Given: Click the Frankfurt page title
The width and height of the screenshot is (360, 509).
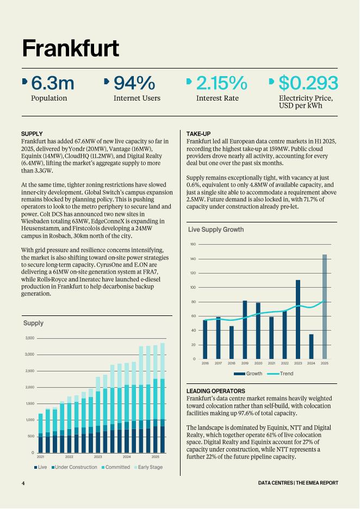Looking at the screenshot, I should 70,48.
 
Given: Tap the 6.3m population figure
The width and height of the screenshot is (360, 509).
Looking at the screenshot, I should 52,83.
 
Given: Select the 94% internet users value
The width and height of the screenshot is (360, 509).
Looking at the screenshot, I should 134,83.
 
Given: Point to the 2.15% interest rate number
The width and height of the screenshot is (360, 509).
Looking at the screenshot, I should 221,83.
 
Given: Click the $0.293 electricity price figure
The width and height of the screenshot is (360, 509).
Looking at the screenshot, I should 308,83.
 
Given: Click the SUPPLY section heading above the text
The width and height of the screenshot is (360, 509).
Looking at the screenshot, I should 32,134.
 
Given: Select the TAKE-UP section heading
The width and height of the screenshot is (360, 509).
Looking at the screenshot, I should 198,134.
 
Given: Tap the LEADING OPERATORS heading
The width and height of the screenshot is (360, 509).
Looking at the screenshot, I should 216,391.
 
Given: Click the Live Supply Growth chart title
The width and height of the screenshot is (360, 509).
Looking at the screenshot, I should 215,229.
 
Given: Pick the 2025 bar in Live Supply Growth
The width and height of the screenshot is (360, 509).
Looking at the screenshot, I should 325,307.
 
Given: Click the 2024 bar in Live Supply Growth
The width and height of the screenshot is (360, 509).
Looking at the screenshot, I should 311,346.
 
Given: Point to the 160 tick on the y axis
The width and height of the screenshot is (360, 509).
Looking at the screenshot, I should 193,244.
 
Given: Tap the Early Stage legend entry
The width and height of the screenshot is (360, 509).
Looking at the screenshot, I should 150,467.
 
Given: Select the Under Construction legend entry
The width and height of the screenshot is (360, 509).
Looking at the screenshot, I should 76,467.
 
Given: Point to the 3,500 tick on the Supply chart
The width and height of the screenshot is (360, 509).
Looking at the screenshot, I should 29,338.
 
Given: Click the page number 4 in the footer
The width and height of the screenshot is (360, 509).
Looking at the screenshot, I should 23,483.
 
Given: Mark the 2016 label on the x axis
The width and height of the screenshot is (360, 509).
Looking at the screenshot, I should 205,363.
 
